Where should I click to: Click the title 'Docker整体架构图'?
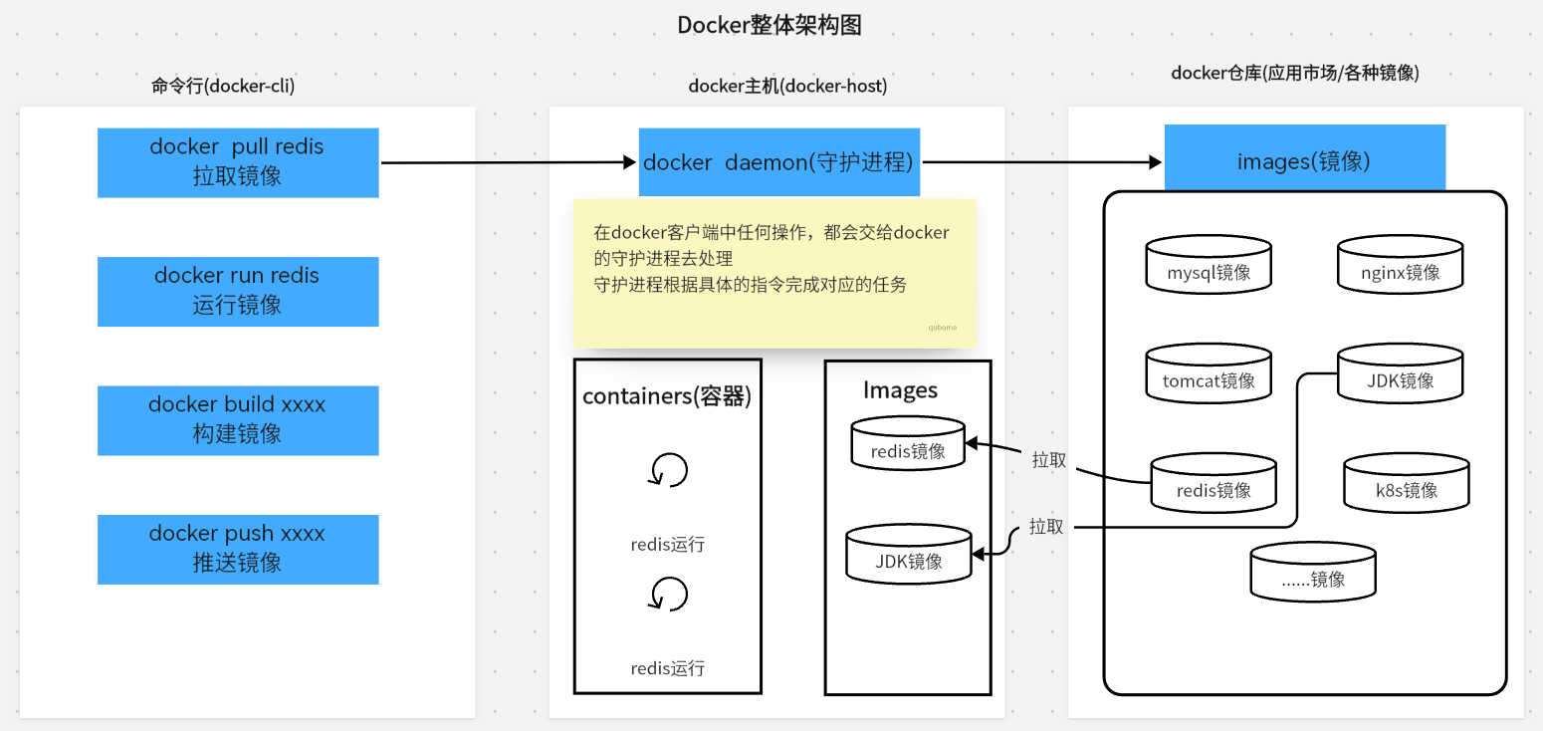coord(770,26)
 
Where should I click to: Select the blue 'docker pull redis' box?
coord(238,162)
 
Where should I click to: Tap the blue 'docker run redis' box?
coord(238,291)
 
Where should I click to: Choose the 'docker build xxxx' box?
coord(238,420)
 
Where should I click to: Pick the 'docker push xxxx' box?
coord(238,549)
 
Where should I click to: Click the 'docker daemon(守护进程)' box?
coord(778,162)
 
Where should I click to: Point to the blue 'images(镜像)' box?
coord(1304,158)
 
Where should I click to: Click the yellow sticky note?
coord(774,271)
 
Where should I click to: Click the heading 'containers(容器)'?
coord(667,396)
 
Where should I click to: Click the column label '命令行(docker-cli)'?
coord(223,86)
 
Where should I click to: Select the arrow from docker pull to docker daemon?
coord(508,162)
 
